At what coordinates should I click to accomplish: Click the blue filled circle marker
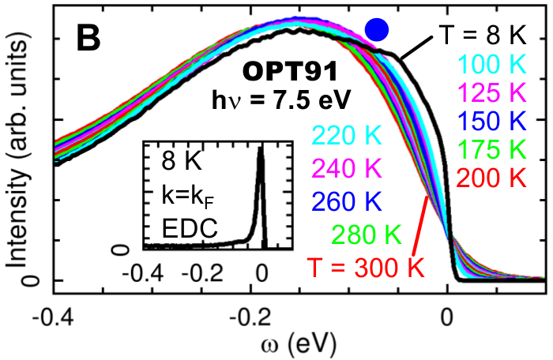tap(378, 30)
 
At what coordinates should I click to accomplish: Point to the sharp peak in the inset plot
tap(260, 156)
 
